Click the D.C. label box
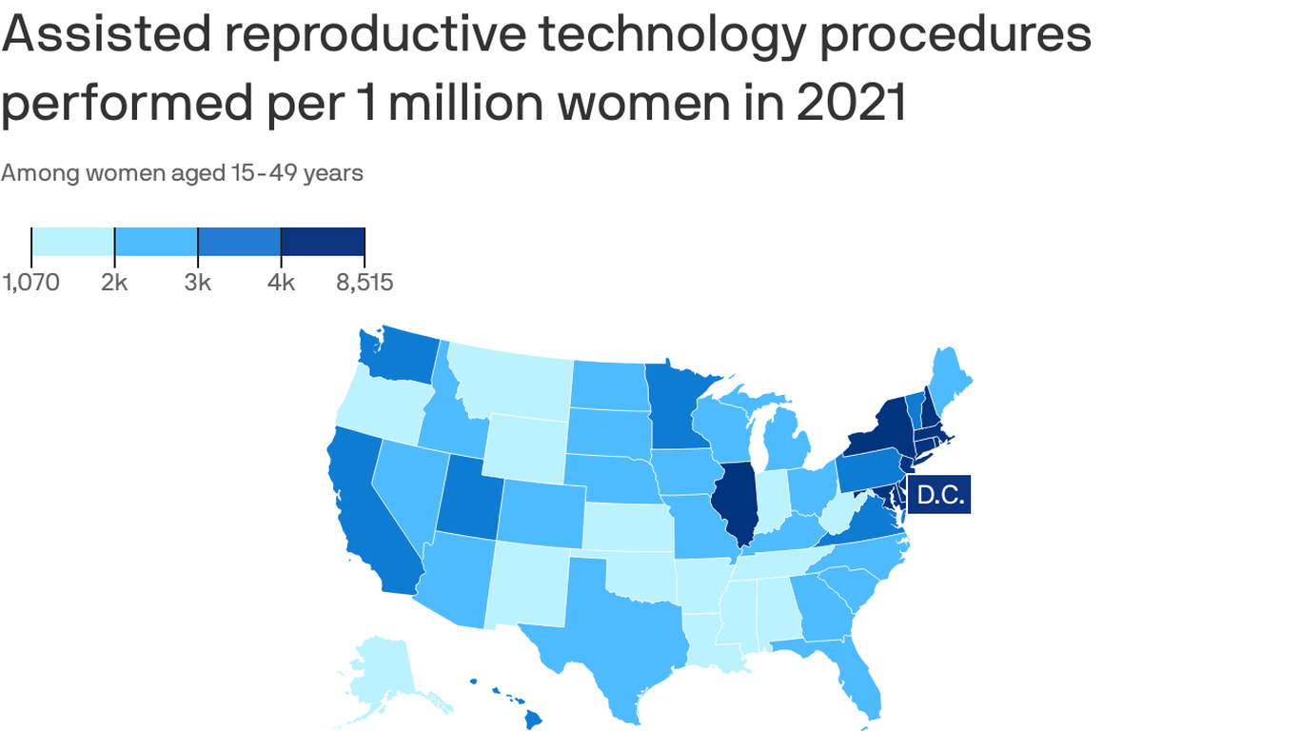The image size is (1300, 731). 939,495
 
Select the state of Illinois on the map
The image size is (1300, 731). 737,500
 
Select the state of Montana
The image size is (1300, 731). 509,385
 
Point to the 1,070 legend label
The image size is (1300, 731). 30,283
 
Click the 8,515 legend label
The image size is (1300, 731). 364,283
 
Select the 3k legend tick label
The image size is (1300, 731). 198,283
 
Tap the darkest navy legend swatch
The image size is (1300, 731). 323,242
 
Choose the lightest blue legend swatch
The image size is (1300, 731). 73,242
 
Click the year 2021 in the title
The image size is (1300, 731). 851,104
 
